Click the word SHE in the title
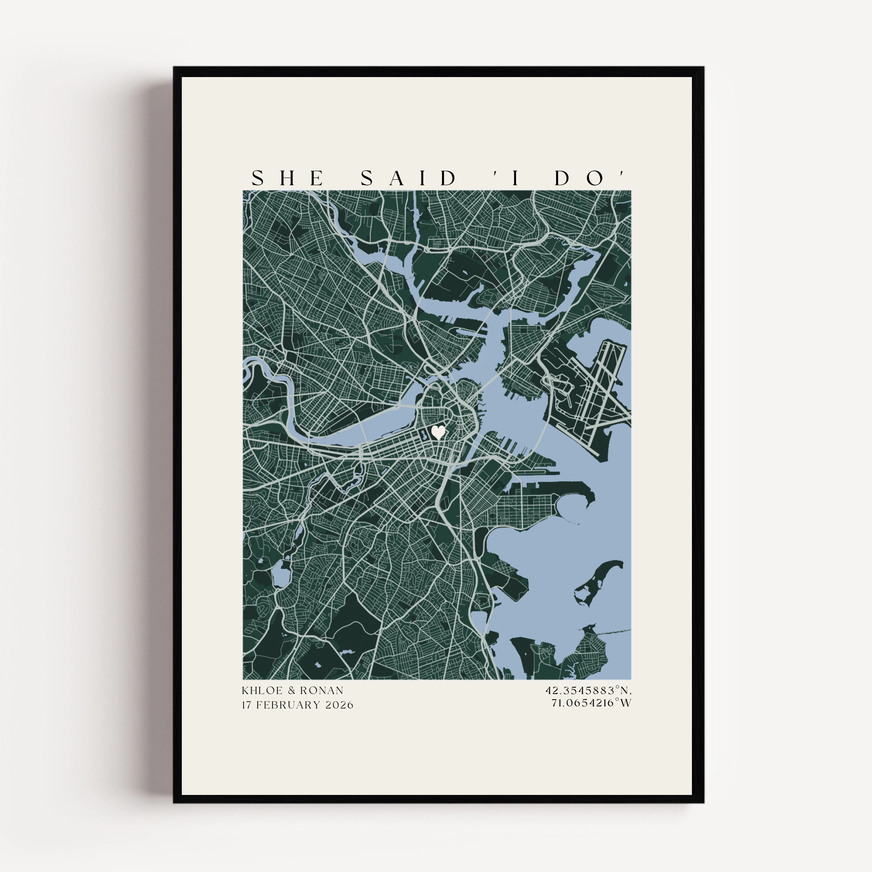click(x=287, y=179)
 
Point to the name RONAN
click(x=321, y=691)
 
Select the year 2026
click(x=339, y=705)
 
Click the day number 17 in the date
click(x=247, y=705)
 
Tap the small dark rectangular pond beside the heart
click(x=424, y=436)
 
